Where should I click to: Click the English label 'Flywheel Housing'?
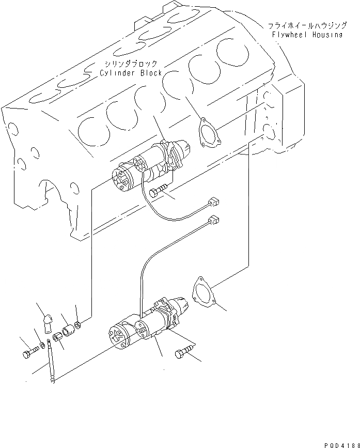coord(307,35)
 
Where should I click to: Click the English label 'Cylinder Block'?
coord(131,73)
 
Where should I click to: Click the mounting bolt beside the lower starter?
coord(183,353)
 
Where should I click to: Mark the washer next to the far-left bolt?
coord(41,345)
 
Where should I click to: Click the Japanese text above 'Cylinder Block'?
coord(129,63)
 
